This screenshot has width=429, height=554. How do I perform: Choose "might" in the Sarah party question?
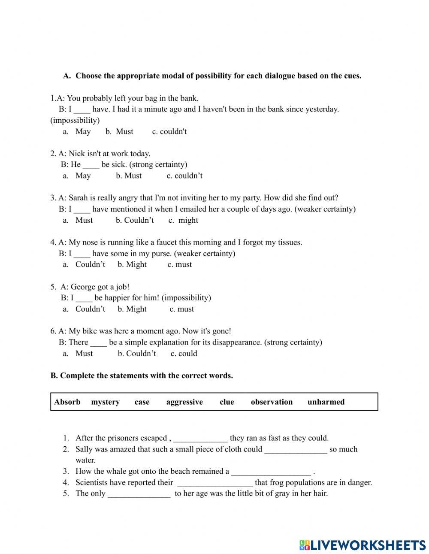188,220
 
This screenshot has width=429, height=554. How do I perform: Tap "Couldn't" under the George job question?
90,309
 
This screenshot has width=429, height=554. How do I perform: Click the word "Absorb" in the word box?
67,402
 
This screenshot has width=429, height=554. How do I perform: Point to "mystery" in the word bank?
105,402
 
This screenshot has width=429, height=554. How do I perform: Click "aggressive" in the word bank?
184,402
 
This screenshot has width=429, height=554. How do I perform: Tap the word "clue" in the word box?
227,402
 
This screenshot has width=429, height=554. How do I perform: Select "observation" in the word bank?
272,402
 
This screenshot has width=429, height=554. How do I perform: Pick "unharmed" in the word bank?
326,402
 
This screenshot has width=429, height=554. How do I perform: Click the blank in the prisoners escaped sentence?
200,439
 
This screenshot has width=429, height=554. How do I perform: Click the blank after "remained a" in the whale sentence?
271,472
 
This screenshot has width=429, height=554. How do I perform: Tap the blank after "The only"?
139,494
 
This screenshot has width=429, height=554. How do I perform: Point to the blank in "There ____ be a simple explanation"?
99,342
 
